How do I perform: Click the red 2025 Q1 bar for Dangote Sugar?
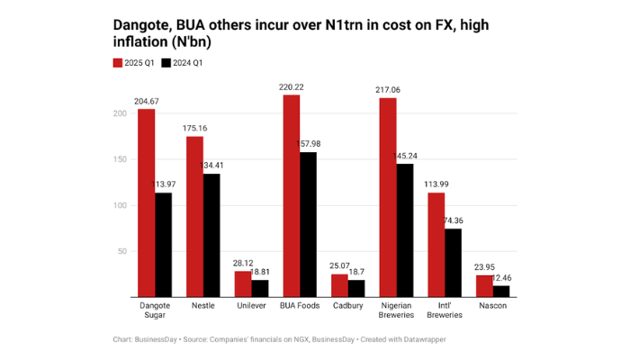point(146,202)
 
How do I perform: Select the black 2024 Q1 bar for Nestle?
point(211,235)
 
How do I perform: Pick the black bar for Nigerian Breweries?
point(405,229)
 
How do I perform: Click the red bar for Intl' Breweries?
point(436,245)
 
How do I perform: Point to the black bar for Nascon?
point(501,291)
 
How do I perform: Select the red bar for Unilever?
point(243,283)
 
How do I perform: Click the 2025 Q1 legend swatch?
point(117,64)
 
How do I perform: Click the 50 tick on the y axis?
point(121,251)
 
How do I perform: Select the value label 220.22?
point(291,87)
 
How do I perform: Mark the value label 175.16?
point(194,129)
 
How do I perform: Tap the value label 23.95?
point(485,267)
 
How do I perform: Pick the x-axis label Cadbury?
point(347,304)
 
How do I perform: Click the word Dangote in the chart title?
point(141,25)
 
